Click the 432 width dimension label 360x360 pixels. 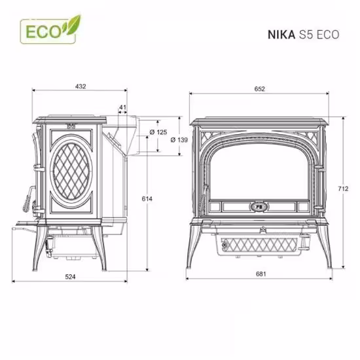[81, 86]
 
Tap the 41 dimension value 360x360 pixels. [123, 107]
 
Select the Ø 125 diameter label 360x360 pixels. [158, 132]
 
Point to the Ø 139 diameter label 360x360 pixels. [179, 139]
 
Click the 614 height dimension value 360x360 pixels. [147, 198]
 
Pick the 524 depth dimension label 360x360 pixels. [70, 277]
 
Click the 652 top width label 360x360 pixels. [260, 88]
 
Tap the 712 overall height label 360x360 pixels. [343, 189]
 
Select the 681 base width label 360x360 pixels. [261, 274]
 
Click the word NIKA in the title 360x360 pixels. [281, 35]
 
